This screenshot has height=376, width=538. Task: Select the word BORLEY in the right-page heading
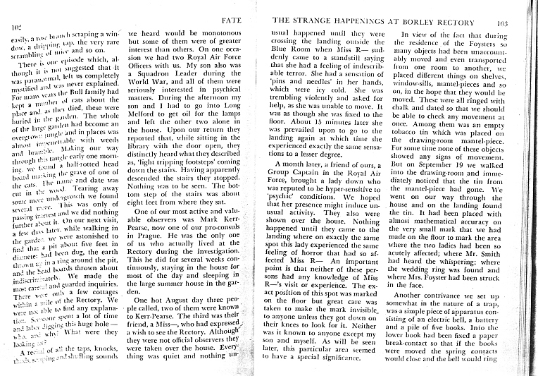407,21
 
